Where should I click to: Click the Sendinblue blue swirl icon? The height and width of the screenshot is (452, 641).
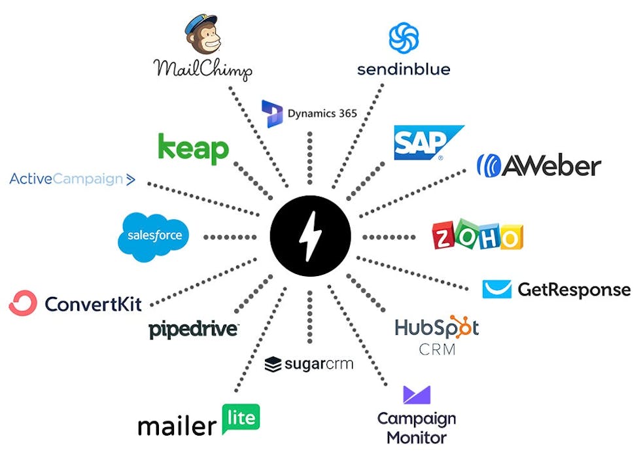tap(404, 37)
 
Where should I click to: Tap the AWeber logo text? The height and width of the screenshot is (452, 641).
tap(550, 165)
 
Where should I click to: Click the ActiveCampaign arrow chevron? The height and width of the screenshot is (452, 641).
tap(130, 179)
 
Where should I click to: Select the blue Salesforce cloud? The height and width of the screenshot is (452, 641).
tap(154, 236)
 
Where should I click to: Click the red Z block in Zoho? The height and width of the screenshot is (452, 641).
tap(447, 237)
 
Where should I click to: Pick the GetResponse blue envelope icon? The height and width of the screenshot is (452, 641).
tap(496, 289)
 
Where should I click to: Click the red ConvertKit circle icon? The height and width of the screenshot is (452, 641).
tap(23, 304)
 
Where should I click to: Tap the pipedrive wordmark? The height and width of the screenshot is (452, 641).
tap(193, 330)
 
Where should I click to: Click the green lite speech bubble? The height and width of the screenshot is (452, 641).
tap(241, 419)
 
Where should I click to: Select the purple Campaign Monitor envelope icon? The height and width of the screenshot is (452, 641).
tap(417, 395)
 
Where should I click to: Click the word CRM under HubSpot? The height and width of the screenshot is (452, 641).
tap(437, 349)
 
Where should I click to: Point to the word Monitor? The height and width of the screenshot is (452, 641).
tap(417, 437)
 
